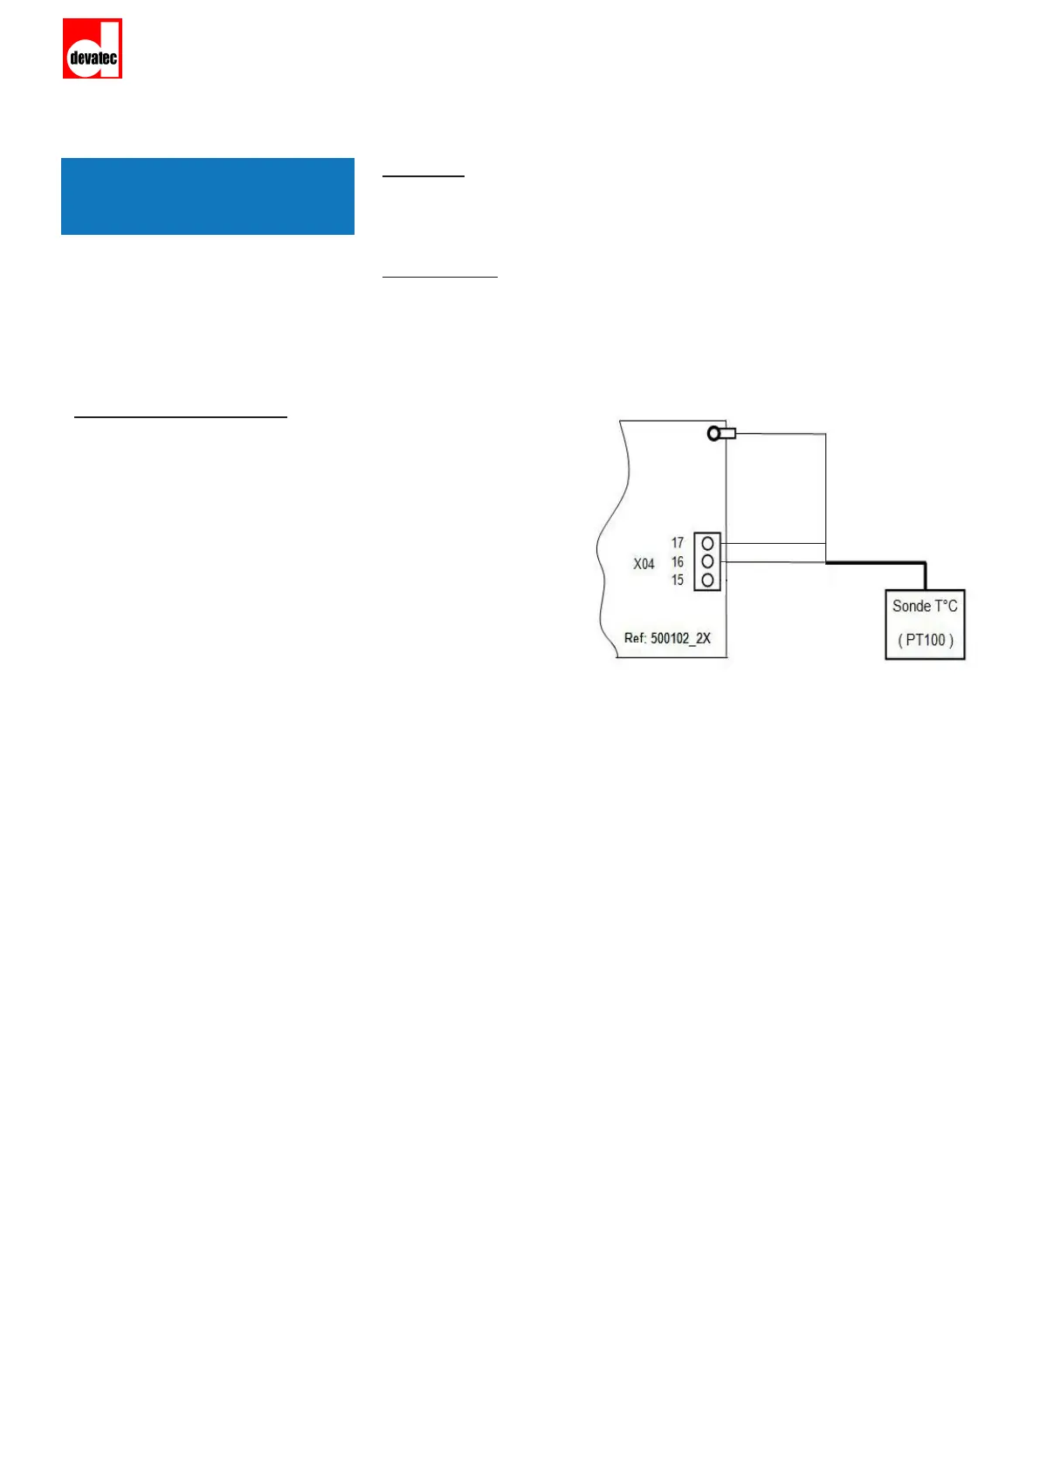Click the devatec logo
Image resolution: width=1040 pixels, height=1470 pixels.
(x=92, y=49)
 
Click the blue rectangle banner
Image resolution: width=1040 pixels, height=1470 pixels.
(x=207, y=196)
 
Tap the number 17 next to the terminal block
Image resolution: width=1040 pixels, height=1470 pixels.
(x=678, y=543)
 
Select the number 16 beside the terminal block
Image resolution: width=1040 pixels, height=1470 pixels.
(x=678, y=562)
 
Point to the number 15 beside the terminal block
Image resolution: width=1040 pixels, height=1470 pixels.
(x=678, y=580)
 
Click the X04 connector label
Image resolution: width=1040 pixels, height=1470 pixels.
(x=644, y=564)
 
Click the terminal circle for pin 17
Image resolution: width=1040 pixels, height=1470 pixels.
(x=707, y=544)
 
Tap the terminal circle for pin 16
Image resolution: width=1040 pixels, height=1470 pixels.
(x=707, y=561)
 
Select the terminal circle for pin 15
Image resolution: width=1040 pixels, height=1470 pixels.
(x=707, y=580)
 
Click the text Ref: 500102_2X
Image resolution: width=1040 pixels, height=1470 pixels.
(x=667, y=638)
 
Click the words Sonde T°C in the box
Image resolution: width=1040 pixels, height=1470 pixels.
(x=925, y=606)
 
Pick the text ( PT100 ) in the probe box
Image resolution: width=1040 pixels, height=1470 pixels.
(x=926, y=640)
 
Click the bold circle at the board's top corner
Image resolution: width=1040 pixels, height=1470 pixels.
(x=714, y=433)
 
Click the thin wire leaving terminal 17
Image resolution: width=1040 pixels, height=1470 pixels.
(x=773, y=543)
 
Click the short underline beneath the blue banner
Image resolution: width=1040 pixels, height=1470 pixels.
(x=181, y=418)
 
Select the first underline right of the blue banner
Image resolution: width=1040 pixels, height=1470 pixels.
(x=424, y=176)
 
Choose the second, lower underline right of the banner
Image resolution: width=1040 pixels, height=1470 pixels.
(x=440, y=277)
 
